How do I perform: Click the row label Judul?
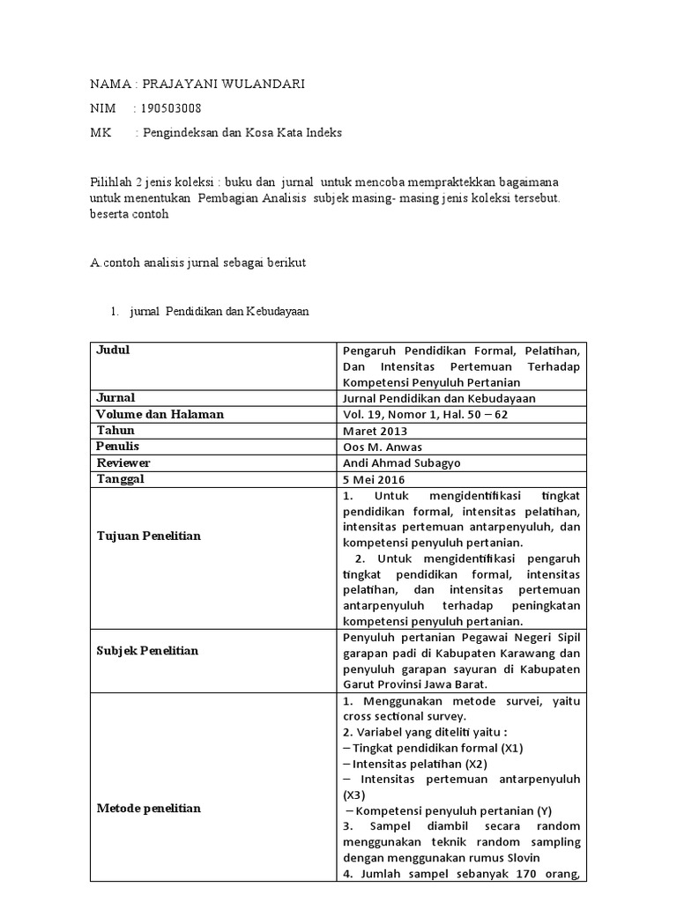[x=112, y=350]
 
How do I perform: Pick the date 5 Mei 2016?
[x=372, y=479]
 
